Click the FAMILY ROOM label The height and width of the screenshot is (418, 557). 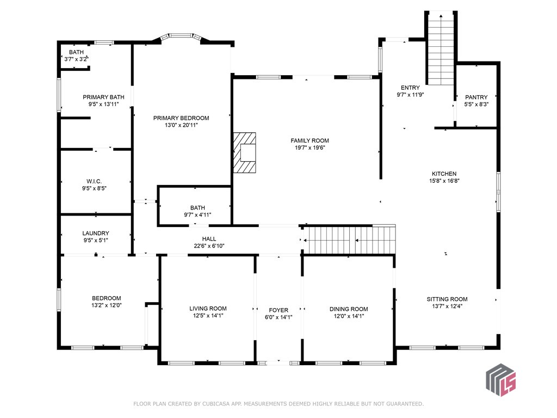(310, 141)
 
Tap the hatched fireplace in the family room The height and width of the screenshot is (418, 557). (244, 153)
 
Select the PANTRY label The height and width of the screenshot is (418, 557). (476, 97)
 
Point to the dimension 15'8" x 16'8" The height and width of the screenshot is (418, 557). (444, 181)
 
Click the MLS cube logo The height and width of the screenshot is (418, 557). (500, 379)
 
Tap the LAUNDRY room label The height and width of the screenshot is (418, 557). (96, 233)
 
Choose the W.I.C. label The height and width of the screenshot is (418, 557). (94, 182)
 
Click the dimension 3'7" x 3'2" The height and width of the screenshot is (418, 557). (76, 59)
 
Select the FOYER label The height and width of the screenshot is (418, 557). (278, 310)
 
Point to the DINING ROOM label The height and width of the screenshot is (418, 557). (349, 309)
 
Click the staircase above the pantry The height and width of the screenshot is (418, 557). (441, 48)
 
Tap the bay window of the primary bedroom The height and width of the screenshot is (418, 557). (181, 37)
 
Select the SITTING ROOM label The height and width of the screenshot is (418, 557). (447, 299)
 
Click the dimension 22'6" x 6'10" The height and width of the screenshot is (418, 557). (209, 246)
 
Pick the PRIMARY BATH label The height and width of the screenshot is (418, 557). (103, 97)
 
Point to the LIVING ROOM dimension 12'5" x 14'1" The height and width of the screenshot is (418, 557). (208, 316)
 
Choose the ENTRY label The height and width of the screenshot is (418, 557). (410, 88)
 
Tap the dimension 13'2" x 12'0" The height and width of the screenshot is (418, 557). (106, 305)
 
